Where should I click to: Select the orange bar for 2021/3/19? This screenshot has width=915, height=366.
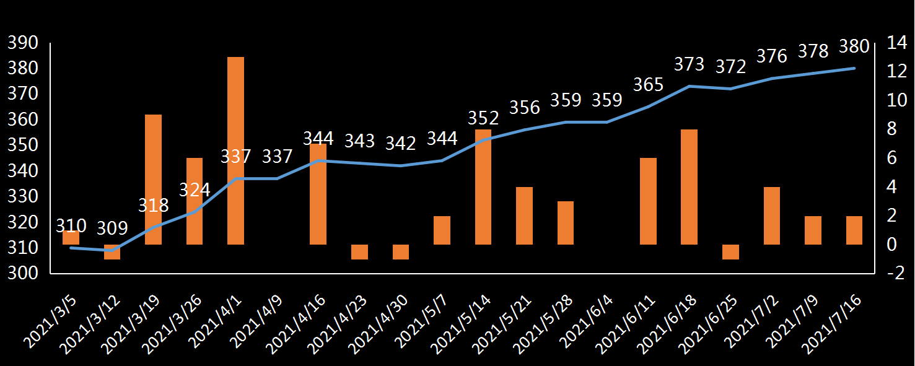point(153,180)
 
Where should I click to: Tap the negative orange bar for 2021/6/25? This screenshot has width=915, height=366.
point(730,251)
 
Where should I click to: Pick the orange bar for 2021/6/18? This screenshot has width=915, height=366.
point(689,187)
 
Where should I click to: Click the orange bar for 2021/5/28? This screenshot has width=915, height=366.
point(566,223)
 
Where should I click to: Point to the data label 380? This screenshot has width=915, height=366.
point(854,46)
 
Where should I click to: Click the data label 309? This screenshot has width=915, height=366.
point(112,228)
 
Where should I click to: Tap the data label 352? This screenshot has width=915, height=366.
point(483,118)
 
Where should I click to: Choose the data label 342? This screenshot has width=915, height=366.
point(400,143)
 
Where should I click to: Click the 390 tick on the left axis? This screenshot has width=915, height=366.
point(22,43)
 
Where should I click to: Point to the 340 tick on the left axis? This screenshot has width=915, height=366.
point(22,171)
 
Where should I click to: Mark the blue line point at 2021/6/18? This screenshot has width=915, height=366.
point(689,86)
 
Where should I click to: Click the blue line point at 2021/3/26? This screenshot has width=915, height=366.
point(195,212)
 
